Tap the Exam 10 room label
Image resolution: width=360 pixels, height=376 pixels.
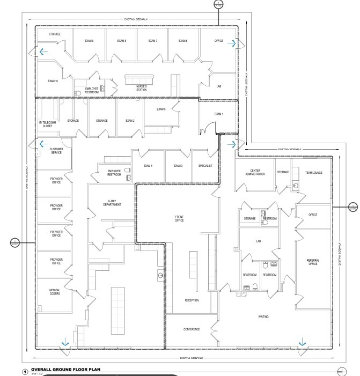pyautogui.click(x=53, y=81)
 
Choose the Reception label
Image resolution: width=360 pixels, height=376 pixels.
pyautogui.click(x=192, y=300)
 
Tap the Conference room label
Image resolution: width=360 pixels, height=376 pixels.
pyautogui.click(x=192, y=329)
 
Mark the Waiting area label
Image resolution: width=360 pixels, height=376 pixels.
pyautogui.click(x=263, y=316)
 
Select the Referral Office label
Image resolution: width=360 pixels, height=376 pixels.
pyautogui.click(x=313, y=262)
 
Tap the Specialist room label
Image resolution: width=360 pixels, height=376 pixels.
pyautogui.click(x=205, y=166)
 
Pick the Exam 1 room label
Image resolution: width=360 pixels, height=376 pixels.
pyautogui.click(x=218, y=114)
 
